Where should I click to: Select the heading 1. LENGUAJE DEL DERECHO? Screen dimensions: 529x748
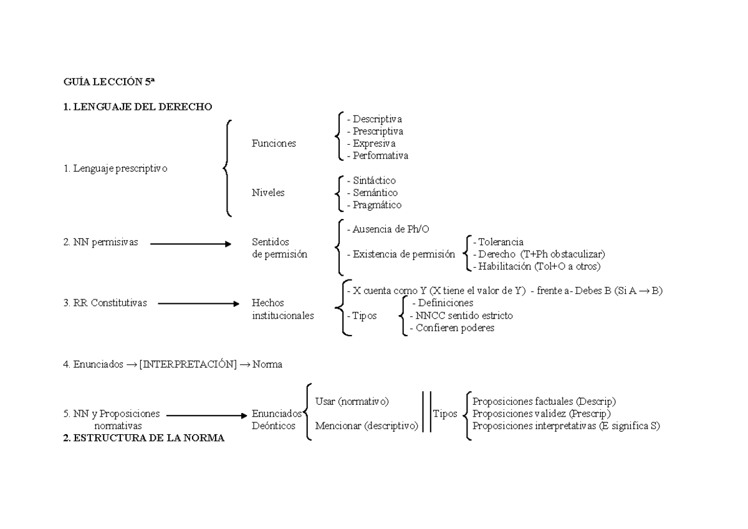[138, 107]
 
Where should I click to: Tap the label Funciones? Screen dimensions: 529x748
[274, 143]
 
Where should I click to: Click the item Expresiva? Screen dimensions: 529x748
[373, 143]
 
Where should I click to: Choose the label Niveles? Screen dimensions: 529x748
[268, 193]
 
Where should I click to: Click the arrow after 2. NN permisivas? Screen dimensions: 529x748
[191, 244]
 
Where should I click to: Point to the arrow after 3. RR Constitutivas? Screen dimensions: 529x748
[199, 304]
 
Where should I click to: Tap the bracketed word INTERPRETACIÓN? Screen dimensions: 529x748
[188, 365]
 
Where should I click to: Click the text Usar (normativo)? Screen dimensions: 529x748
[352, 401]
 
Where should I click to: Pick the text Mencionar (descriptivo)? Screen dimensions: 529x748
[367, 426]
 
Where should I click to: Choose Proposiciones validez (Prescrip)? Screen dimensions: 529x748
[542, 414]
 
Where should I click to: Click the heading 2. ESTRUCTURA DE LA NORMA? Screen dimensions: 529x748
[144, 438]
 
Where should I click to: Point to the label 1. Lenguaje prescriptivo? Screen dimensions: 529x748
[115, 168]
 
